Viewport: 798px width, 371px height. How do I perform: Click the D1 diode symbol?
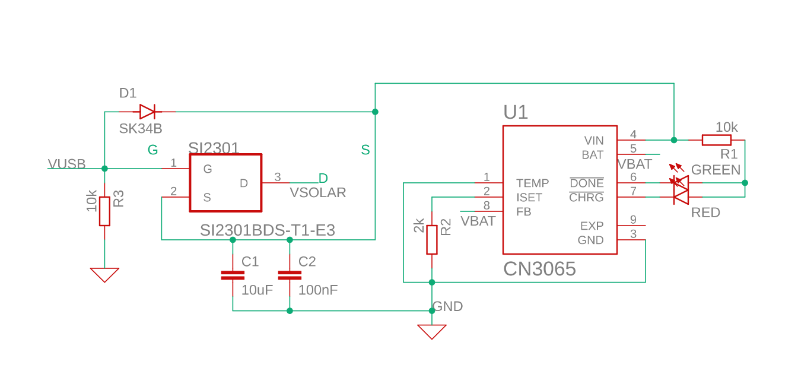147,112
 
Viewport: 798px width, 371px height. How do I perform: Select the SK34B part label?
141,129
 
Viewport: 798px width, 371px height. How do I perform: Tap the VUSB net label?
66,164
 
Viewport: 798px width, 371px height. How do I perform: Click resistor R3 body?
104,211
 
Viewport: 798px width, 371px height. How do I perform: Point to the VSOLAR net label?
317,192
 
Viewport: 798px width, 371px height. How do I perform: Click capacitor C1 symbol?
233,275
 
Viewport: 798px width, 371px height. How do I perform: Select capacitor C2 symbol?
290,275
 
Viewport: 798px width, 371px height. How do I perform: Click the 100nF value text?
318,290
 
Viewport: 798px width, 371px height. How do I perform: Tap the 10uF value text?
257,290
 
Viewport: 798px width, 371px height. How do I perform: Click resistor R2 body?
432,239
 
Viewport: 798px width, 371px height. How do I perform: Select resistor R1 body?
716,140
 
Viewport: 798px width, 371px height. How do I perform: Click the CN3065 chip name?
539,269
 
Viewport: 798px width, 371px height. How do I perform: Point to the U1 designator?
515,112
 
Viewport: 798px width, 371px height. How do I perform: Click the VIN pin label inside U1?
594,141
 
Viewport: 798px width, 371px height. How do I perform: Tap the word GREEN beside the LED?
716,170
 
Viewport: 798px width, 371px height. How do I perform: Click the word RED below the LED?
705,213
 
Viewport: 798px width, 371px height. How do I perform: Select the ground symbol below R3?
104,274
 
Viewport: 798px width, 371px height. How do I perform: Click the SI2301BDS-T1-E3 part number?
267,230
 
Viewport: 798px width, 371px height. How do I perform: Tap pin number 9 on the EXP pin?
633,220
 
